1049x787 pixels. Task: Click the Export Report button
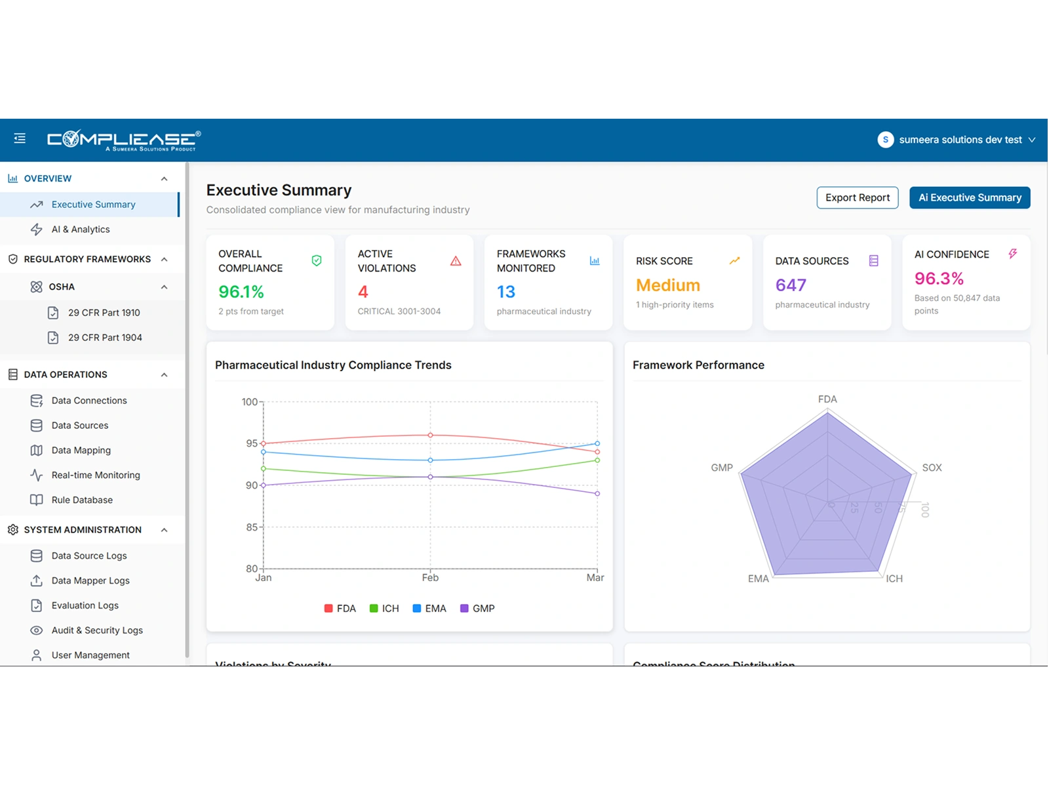point(857,197)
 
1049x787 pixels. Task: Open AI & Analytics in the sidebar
point(81,230)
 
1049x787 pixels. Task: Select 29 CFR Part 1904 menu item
point(105,338)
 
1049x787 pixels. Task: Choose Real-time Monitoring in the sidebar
point(96,475)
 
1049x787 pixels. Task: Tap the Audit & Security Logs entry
point(97,630)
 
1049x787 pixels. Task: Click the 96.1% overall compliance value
point(241,292)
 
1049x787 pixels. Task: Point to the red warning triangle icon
point(456,261)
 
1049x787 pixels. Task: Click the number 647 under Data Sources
point(791,285)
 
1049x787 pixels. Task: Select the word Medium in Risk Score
point(668,285)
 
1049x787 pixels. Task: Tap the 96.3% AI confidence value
point(939,279)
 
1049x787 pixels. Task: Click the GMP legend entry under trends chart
point(478,609)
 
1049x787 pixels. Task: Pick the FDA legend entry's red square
point(328,609)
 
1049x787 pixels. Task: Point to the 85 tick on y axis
point(252,527)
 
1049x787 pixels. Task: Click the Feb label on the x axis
point(430,578)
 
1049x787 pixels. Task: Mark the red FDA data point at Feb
point(431,435)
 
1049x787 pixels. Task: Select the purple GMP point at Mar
point(597,493)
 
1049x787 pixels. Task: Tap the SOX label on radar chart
point(932,468)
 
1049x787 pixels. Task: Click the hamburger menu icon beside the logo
point(20,138)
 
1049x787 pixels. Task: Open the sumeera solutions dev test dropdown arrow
point(1032,140)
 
